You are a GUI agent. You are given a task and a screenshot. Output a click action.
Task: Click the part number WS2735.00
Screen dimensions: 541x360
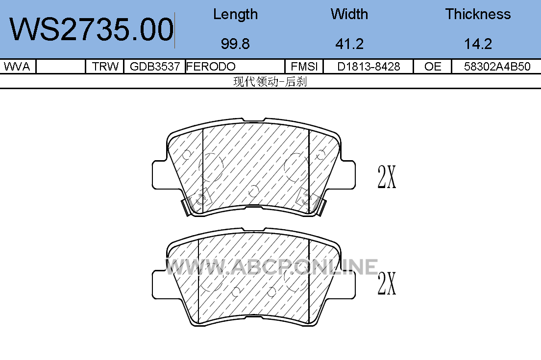[x=92, y=29]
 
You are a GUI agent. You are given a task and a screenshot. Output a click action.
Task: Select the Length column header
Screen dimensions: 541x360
[x=235, y=15]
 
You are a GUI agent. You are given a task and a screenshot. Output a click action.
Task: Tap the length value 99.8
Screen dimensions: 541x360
[x=235, y=44]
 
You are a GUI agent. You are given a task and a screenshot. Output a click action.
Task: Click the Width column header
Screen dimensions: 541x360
[x=349, y=14]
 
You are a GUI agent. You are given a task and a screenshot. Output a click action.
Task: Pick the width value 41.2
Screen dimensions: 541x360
[x=349, y=44]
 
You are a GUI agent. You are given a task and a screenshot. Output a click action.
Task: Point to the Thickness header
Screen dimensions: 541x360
[x=478, y=14]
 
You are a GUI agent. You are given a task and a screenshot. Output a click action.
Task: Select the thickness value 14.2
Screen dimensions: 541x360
[x=478, y=44]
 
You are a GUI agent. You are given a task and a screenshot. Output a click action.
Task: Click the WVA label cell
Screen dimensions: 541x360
[x=17, y=66]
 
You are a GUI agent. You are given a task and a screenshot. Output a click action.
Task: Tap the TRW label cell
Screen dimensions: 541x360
[x=105, y=66]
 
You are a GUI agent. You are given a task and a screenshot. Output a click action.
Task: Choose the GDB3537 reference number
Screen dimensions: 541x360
[x=154, y=66]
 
